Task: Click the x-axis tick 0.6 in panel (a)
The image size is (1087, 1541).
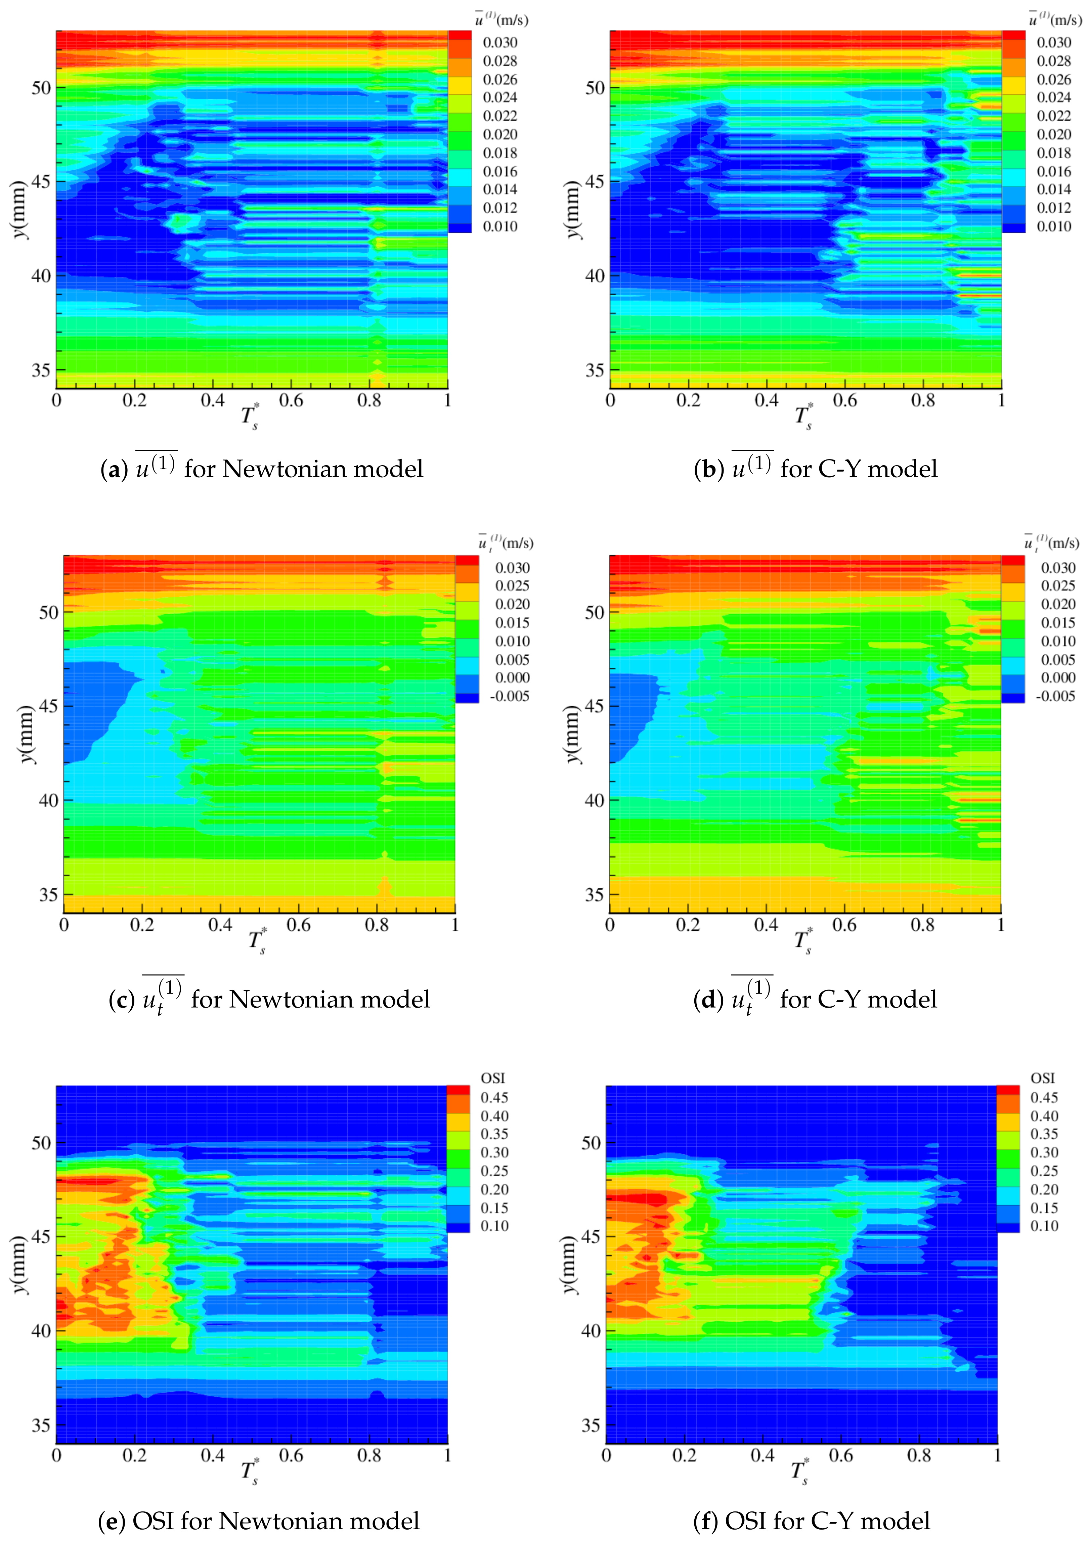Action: [291, 401]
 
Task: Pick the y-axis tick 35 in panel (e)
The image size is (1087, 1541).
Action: [41, 1425]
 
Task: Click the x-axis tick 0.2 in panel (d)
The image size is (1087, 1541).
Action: [688, 925]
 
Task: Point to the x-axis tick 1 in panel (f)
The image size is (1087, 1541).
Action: [997, 1455]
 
